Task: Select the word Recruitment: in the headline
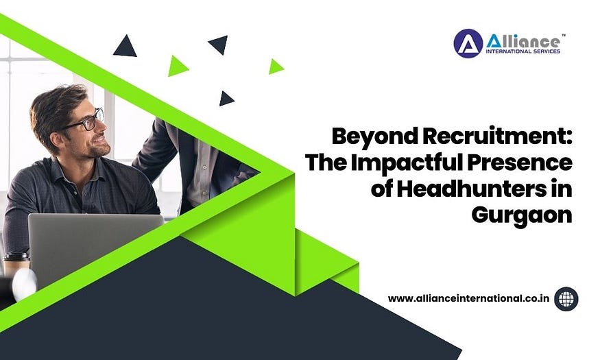coord(497,136)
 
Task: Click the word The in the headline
coord(326,163)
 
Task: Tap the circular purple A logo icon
coord(468,44)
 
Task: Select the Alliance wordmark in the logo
coord(523,41)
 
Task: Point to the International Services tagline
coord(523,51)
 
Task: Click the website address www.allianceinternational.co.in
coord(469,298)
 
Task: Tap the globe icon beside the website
coord(566,299)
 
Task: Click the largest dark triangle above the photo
coord(125,47)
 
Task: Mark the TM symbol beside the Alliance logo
coord(563,35)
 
